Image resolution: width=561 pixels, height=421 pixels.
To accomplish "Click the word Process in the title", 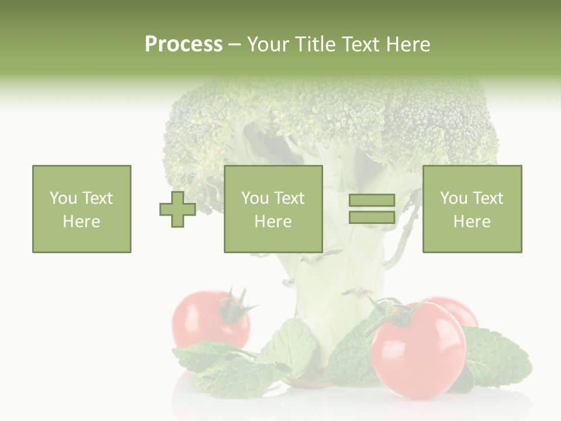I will tap(183, 44).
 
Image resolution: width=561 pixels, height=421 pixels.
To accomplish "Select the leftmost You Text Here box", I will tap(81, 209).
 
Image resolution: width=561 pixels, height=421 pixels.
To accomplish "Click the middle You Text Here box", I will tap(273, 209).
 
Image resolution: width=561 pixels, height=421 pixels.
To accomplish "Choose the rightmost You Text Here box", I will tap(472, 209).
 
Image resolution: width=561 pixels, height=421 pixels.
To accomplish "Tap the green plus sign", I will tap(178, 209).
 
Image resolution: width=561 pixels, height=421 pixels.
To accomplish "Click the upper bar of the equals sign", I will tap(372, 201).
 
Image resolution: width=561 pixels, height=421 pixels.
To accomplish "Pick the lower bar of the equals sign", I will tap(372, 217).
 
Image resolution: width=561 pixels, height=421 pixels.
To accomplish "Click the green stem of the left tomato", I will tap(237, 307).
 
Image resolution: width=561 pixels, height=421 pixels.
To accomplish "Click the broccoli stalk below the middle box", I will tap(318, 292).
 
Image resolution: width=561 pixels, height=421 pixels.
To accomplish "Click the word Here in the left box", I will tap(81, 221).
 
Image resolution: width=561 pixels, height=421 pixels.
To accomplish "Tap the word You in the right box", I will tap(453, 198).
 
